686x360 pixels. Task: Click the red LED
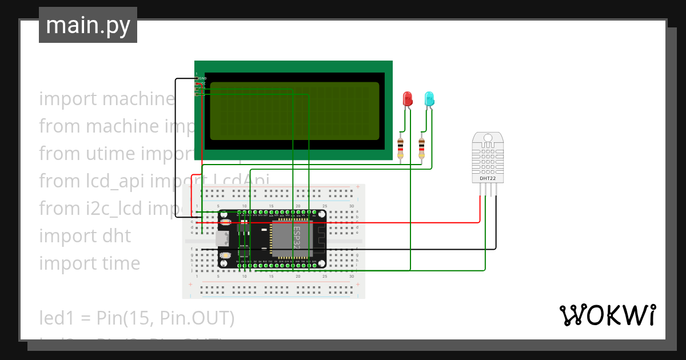(x=408, y=98)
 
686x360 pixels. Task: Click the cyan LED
(x=429, y=99)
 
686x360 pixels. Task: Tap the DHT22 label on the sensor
(x=488, y=179)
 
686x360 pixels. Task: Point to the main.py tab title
(x=87, y=25)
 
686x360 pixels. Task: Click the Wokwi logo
(x=607, y=315)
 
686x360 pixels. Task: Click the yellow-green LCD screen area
(x=294, y=111)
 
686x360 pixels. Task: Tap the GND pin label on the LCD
(x=202, y=78)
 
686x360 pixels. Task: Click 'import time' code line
(x=89, y=263)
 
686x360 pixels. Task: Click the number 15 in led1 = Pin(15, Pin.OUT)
(x=146, y=318)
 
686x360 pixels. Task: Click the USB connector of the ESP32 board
(x=222, y=239)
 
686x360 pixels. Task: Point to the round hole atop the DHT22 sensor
(x=488, y=138)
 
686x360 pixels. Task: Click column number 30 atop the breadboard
(x=352, y=206)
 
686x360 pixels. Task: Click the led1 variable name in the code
(x=55, y=318)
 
